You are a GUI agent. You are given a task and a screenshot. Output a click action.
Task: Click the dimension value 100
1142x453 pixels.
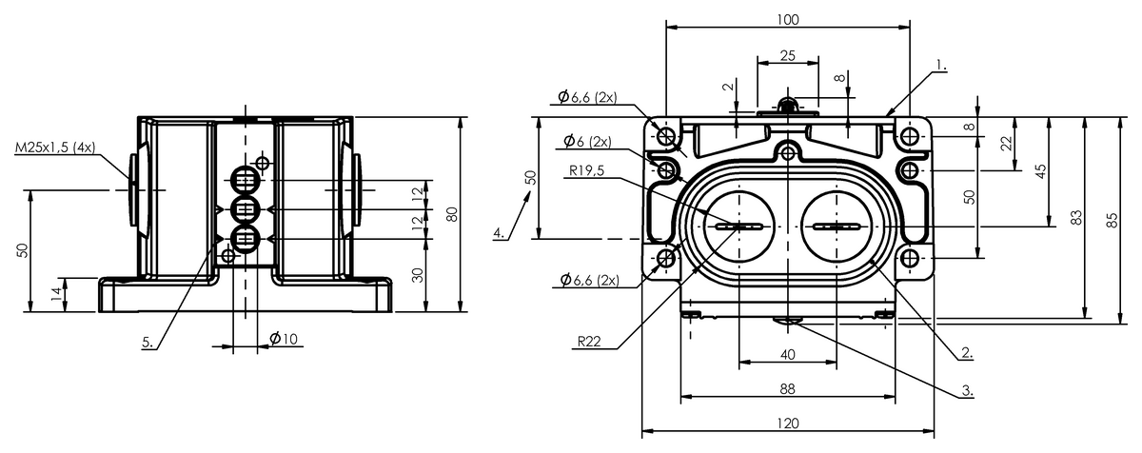[x=788, y=20]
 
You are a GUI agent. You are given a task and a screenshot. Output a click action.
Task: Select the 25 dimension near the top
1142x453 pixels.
[x=788, y=55]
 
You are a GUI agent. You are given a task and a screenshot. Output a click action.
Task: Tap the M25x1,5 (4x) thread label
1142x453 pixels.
[x=55, y=148]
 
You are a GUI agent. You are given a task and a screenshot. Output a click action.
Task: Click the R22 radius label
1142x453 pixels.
[x=589, y=342]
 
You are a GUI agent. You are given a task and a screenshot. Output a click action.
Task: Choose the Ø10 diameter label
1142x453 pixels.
[x=283, y=339]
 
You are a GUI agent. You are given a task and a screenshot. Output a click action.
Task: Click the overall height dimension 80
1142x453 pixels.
[x=452, y=214]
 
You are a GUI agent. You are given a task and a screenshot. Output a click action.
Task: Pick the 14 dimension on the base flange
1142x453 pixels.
[x=56, y=294]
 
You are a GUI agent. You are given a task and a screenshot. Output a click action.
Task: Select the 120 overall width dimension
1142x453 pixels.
[x=788, y=423]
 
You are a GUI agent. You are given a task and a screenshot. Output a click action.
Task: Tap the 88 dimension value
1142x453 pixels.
[x=788, y=389]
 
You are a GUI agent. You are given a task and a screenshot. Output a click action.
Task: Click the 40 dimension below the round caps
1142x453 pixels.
[x=788, y=355]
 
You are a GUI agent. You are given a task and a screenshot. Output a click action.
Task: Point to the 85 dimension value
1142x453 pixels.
[x=1112, y=220]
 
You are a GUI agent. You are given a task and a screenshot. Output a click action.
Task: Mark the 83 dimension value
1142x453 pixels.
[x=1076, y=218]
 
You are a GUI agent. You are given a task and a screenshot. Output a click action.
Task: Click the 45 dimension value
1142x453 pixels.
[x=1040, y=171]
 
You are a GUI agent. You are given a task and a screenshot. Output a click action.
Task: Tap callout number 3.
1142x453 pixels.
[x=967, y=391]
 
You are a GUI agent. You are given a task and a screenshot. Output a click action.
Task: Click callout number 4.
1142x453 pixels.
[x=499, y=234]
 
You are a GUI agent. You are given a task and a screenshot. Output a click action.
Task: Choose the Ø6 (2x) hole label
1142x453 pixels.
[x=587, y=141]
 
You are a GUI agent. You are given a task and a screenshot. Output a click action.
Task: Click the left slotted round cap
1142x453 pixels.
[x=738, y=226]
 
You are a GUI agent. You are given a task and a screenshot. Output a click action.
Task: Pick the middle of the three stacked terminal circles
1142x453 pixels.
[x=246, y=209]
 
